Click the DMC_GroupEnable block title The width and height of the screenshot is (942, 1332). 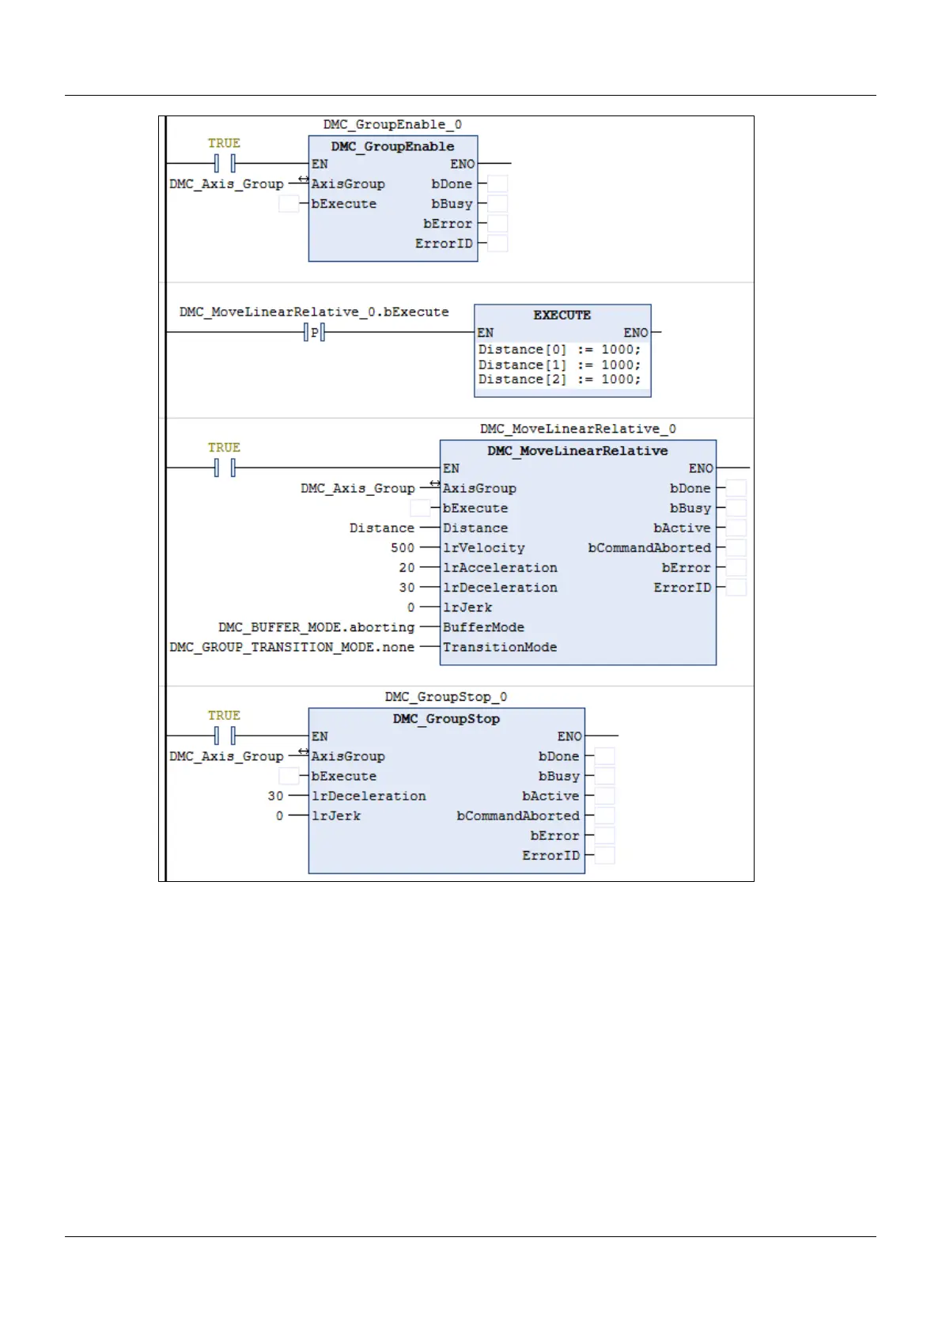tap(392, 146)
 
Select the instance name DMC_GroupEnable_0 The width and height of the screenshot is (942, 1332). tap(392, 125)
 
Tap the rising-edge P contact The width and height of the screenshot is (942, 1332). tap(315, 333)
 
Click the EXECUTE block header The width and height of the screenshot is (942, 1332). tap(562, 315)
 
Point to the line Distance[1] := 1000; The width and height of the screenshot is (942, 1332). tap(559, 365)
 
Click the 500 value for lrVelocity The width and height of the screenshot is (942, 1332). tap(403, 547)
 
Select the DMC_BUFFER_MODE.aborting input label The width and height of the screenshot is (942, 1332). tap(316, 627)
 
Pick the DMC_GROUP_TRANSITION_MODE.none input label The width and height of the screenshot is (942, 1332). tap(292, 647)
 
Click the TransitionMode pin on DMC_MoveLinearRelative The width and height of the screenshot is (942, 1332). tap(500, 647)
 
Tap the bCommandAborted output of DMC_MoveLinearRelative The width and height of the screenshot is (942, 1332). tap(649, 547)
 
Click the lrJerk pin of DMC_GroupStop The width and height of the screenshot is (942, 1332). tap(336, 815)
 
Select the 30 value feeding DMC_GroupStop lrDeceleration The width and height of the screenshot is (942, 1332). tap(275, 796)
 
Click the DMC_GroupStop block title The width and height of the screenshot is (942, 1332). tap(446, 719)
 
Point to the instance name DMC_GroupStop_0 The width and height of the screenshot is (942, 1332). tap(446, 697)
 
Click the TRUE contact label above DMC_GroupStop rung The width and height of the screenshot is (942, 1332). tap(224, 715)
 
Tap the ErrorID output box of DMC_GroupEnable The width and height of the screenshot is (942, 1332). tap(497, 244)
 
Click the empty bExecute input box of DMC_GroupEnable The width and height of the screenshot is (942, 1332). tap(289, 204)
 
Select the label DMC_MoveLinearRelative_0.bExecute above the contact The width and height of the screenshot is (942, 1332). tap(314, 312)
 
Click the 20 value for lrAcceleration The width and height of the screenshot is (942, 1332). tap(407, 567)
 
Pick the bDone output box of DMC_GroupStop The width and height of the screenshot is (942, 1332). tap(604, 756)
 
